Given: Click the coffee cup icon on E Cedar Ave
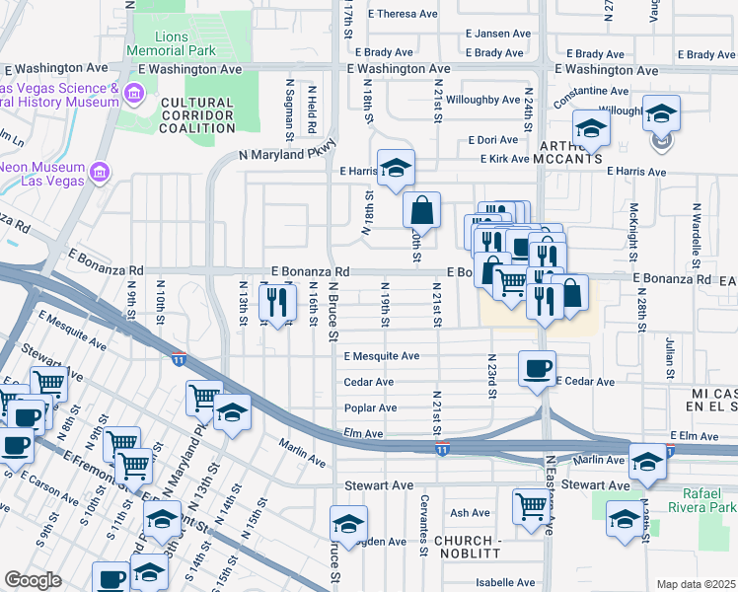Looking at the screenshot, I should [536, 368].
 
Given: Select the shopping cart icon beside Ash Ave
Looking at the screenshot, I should [531, 506].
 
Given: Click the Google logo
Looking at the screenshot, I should [33, 580].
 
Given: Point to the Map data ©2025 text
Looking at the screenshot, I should [696, 584].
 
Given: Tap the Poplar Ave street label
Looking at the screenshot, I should [370, 407].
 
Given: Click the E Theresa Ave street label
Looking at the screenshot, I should [403, 14].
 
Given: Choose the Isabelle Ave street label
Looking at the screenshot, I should [504, 582].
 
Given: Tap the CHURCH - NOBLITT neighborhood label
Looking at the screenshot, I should [470, 549].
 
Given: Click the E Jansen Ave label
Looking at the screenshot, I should [498, 34].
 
